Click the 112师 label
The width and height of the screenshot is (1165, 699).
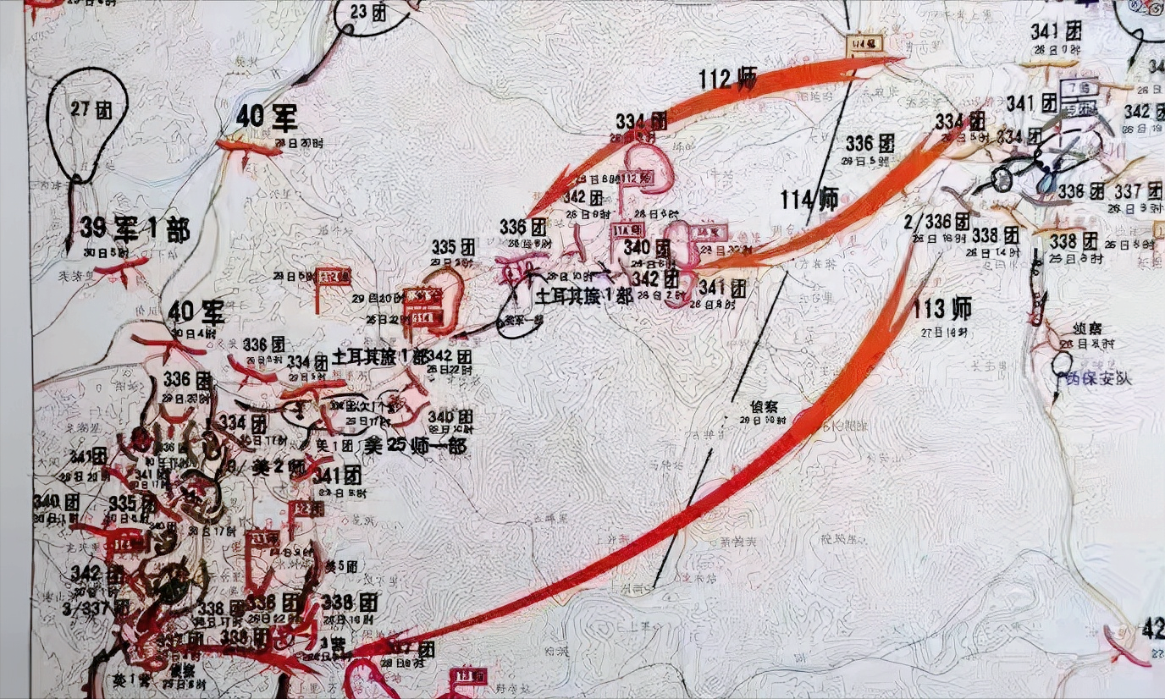pyautogui.click(x=727, y=80)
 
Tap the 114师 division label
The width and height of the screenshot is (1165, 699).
pyautogui.click(x=809, y=200)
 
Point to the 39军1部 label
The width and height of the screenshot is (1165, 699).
pyautogui.click(x=135, y=229)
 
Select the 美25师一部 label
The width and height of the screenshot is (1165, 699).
pyautogui.click(x=415, y=446)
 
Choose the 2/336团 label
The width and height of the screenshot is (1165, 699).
pyautogui.click(x=938, y=223)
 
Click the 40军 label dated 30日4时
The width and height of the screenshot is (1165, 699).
pyautogui.click(x=196, y=313)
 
